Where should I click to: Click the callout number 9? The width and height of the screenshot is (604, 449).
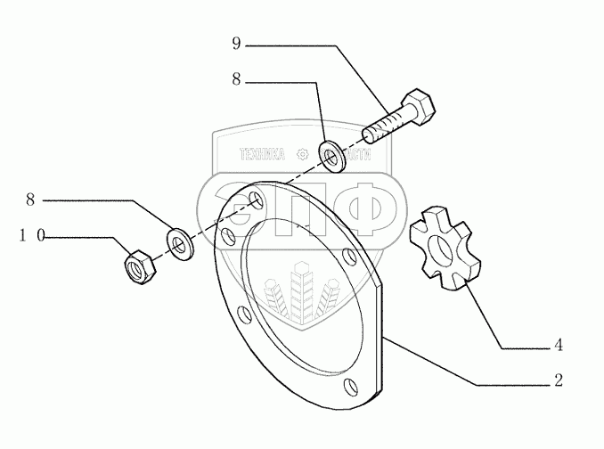tap(236, 42)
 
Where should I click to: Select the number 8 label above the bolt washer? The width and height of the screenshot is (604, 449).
tap(236, 79)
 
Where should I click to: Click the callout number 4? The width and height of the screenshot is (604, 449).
tap(559, 346)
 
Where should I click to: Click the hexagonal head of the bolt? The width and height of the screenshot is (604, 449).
tap(420, 110)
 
